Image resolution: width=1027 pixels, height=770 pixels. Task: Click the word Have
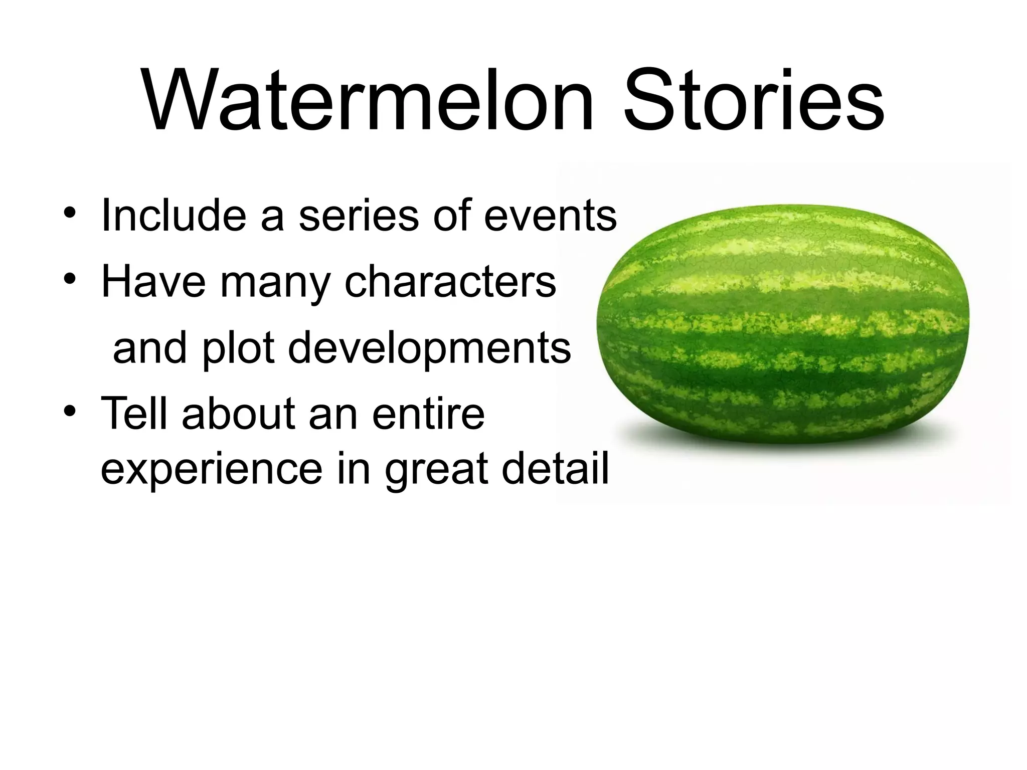click(x=153, y=282)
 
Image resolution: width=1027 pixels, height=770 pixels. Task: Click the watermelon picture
click(x=782, y=323)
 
